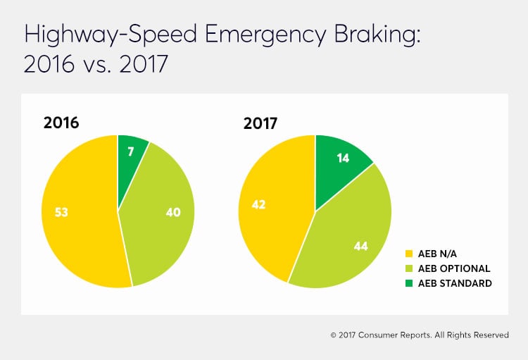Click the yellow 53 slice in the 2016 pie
77,211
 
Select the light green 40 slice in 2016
158,218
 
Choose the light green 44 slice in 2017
345,240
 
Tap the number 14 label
344,159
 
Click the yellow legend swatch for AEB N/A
410,253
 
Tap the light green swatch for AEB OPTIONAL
410,268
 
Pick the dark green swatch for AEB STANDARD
410,283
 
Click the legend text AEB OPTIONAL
453,268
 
